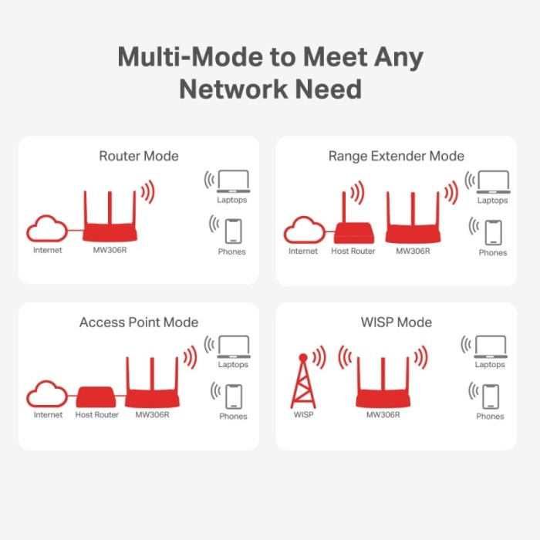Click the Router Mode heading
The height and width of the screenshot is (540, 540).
(x=139, y=157)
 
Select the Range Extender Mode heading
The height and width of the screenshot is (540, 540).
(x=397, y=157)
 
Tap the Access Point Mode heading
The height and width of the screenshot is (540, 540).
(x=139, y=322)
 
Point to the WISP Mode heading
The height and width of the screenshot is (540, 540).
(x=397, y=322)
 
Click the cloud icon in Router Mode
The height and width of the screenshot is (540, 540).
(x=47, y=230)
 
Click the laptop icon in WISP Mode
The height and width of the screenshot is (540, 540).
(x=491, y=346)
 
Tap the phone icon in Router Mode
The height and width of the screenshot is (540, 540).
(x=233, y=231)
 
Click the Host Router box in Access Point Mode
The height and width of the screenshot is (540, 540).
(x=96, y=397)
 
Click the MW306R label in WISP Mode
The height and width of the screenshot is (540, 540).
(x=383, y=416)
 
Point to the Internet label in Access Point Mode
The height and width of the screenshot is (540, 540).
(x=48, y=415)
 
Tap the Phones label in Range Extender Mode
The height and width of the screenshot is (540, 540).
(x=492, y=252)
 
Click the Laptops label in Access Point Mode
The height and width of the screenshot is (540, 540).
(x=233, y=365)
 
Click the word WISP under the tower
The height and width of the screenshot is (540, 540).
(x=303, y=416)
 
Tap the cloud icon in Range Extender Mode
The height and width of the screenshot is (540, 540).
(x=303, y=230)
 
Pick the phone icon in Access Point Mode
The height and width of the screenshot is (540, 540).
(x=233, y=396)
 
